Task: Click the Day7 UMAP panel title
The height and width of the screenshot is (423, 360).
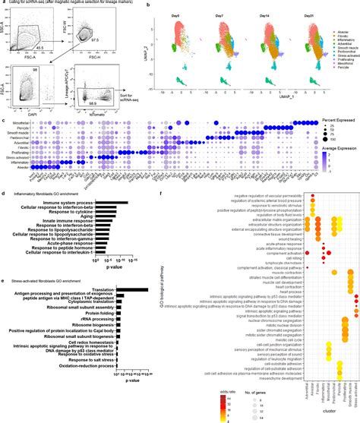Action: coord(226,13)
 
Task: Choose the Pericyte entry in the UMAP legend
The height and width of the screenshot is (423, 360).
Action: coord(339,77)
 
